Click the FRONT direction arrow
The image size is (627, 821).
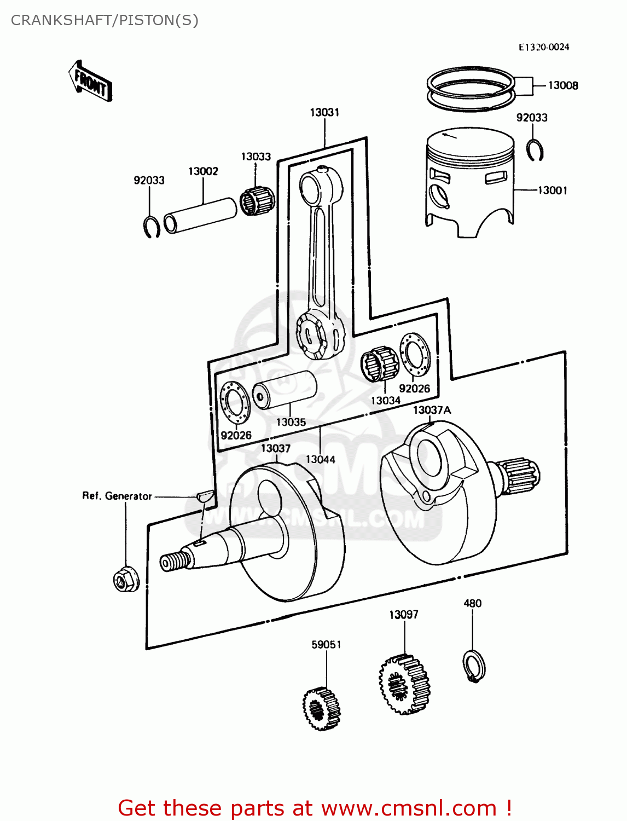point(91,82)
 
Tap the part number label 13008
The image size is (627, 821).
point(562,85)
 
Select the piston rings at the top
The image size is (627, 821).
point(471,88)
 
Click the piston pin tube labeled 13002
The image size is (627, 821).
point(201,215)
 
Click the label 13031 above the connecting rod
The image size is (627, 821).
point(324,112)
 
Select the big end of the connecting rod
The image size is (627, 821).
point(321,334)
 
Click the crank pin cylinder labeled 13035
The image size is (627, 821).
point(285,389)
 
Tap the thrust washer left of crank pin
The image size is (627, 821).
point(235,403)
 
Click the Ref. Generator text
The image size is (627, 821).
point(117,496)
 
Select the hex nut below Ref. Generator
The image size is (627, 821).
point(126,580)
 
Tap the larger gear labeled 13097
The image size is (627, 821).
point(404,684)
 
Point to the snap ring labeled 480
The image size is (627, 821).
point(474,666)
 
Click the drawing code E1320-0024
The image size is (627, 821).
point(544,47)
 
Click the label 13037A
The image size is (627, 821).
point(432,410)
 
